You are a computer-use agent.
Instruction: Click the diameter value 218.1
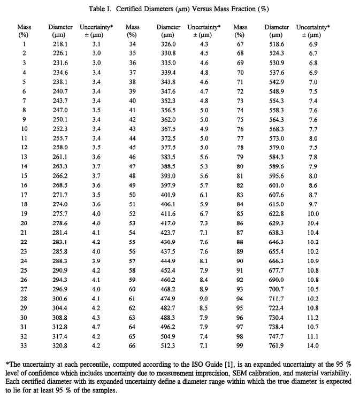(57, 43)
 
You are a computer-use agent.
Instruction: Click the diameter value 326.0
(168, 43)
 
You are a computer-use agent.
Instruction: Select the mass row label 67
(240, 43)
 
